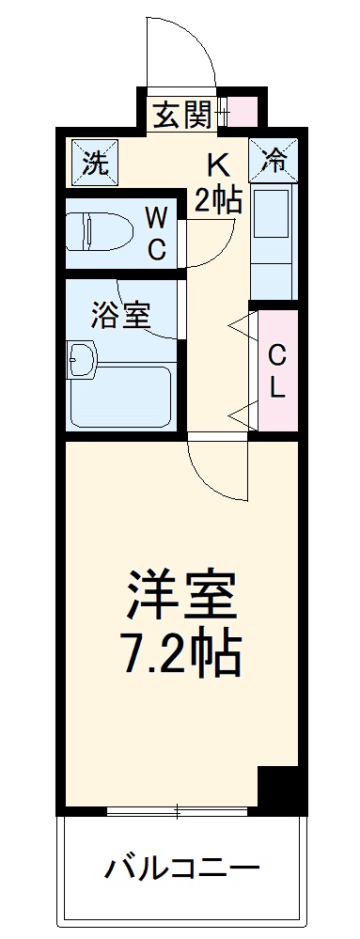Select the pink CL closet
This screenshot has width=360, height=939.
click(276, 371)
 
